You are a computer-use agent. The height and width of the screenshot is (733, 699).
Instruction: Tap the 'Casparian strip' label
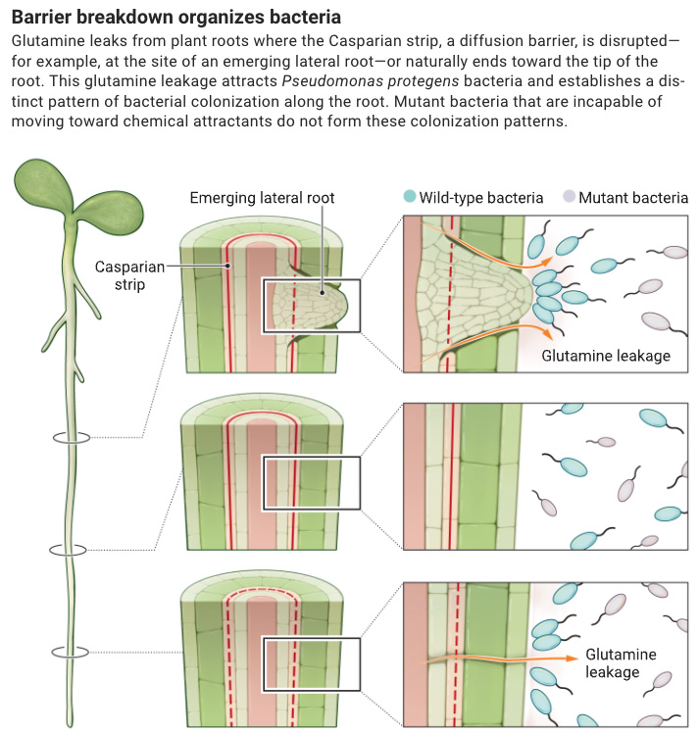pyautogui.click(x=129, y=274)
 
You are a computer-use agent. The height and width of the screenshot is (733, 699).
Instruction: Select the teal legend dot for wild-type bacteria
pyautogui.click(x=409, y=197)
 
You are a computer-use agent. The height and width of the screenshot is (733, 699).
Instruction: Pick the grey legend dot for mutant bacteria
pyautogui.click(x=568, y=197)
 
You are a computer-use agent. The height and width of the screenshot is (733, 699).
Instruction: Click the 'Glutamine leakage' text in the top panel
pyautogui.click(x=606, y=356)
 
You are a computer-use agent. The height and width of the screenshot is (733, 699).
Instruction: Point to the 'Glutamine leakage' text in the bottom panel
pyautogui.click(x=622, y=663)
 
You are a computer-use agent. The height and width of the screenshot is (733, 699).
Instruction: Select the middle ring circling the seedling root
pyautogui.click(x=70, y=550)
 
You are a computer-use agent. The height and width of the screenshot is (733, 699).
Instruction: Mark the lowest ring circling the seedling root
pyautogui.click(x=70, y=652)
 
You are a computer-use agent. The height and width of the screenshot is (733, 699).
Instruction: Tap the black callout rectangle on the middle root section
pyautogui.click(x=312, y=482)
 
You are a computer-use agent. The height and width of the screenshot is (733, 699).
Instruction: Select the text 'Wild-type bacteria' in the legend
pyautogui.click(x=481, y=198)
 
